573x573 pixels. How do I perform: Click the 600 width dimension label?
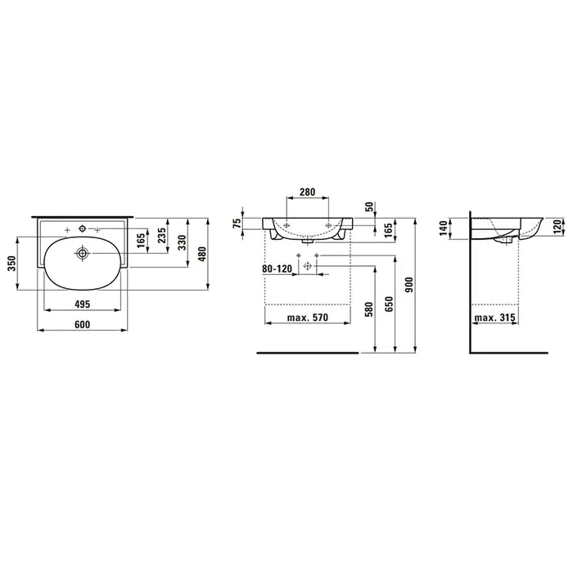82,324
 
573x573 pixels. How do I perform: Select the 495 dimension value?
82,304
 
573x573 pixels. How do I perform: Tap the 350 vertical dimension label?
11,263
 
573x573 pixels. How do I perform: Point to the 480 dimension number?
202,254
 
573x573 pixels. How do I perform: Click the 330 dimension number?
182,242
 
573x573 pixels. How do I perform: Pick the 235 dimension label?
162,236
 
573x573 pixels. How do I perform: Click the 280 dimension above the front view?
307,192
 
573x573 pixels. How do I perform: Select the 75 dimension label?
237,223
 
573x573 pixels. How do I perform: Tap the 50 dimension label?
369,207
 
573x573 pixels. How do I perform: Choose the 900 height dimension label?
409,285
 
